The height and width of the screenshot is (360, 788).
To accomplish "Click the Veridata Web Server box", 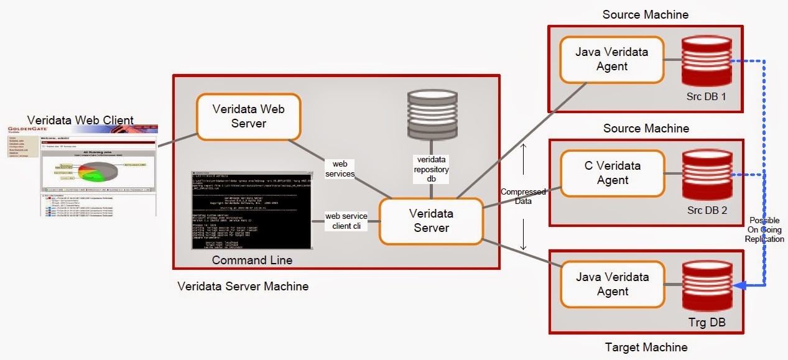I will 249,116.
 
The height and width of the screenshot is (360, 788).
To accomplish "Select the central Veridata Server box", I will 431,221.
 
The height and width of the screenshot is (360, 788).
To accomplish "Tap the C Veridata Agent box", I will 613,173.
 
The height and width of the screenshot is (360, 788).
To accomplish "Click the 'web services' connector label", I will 340,168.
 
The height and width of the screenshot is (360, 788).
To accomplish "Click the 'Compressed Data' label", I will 523,196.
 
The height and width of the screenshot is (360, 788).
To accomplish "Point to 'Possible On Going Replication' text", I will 766,230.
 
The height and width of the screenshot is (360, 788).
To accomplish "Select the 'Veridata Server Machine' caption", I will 243,287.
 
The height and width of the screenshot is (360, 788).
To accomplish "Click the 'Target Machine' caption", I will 646,347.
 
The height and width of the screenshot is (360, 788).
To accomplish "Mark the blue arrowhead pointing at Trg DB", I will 738,285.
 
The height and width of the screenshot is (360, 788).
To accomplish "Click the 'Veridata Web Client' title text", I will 80,119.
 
